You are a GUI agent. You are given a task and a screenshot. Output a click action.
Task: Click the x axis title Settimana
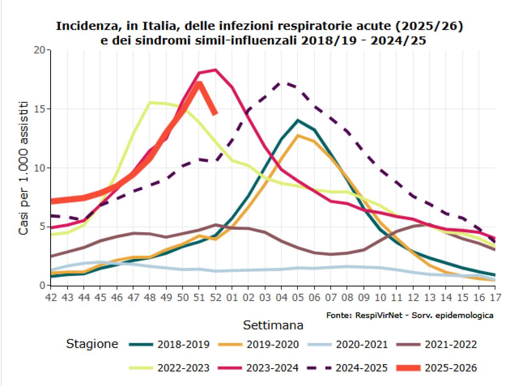[273, 325]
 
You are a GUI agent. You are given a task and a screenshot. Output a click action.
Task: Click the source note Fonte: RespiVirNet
[410, 316]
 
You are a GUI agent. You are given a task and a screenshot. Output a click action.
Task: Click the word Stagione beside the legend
[92, 344]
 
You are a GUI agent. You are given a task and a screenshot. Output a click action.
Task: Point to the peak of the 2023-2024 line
[216, 70]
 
